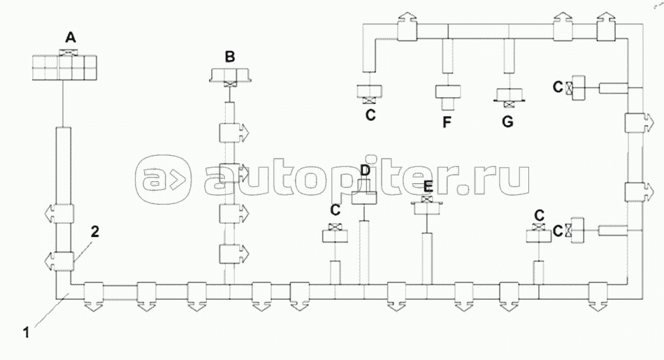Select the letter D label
(364, 170)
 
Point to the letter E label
(428, 186)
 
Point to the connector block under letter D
(364, 193)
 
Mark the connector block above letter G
(507, 94)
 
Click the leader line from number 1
(49, 312)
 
